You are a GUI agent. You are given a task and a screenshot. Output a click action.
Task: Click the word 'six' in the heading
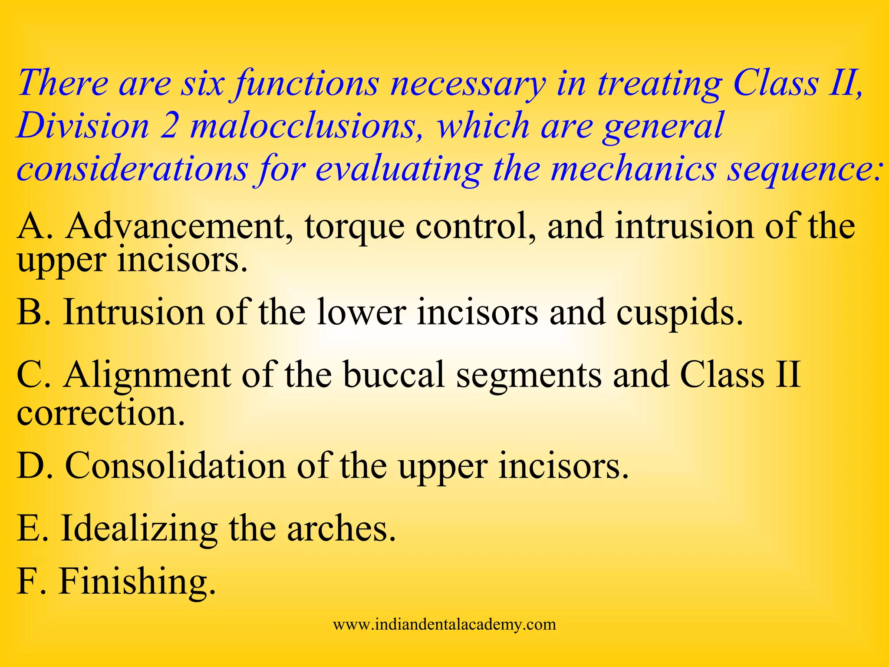pyautogui.click(x=202, y=83)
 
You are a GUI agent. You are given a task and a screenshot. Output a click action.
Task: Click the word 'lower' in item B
pyautogui.click(x=362, y=313)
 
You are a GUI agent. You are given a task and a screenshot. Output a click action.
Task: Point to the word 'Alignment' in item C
pyautogui.click(x=147, y=375)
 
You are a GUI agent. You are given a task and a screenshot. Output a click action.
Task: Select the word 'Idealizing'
pyautogui.click(x=139, y=529)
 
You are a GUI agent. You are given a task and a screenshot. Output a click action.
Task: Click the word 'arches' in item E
pyautogui.click(x=341, y=529)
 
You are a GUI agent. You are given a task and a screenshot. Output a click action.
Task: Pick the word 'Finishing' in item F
pyautogui.click(x=137, y=582)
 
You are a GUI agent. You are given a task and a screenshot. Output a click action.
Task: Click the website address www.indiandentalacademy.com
pyautogui.click(x=444, y=624)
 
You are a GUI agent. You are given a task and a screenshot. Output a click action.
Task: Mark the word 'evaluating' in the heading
pyautogui.click(x=398, y=169)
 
